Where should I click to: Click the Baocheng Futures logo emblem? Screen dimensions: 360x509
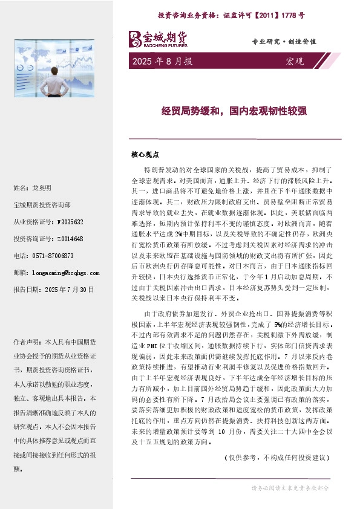pos(135,39)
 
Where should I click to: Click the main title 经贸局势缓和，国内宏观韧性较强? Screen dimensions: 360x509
pos(234,111)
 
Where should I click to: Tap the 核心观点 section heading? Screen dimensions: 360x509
pos(143,154)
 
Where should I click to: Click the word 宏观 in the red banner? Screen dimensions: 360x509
pos(294,62)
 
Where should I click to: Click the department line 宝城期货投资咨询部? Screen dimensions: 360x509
pos(42,206)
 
